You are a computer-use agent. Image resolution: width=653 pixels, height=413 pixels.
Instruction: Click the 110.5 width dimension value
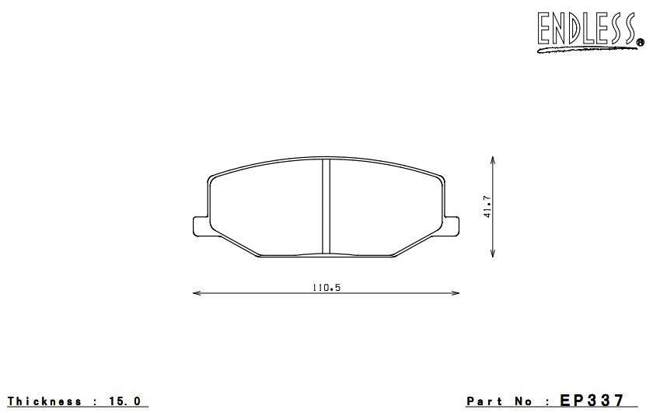(x=326, y=287)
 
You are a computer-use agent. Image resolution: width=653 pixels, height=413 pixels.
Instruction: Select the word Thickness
(x=44, y=401)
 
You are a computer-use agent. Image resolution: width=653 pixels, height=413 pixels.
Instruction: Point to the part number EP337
(x=592, y=401)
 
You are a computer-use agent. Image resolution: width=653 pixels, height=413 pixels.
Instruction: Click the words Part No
(x=499, y=401)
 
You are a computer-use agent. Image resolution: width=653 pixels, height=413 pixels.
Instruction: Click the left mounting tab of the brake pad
(x=200, y=225)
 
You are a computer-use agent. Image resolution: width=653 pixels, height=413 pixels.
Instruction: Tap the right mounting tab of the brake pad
(x=451, y=225)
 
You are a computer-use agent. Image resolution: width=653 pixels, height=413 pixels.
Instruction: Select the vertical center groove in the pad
(x=326, y=206)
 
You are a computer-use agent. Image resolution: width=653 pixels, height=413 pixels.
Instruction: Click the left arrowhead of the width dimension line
(x=195, y=293)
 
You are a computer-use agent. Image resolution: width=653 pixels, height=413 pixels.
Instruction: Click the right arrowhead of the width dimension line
(x=456, y=293)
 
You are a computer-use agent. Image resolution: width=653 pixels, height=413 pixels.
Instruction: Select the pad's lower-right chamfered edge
(x=421, y=240)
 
